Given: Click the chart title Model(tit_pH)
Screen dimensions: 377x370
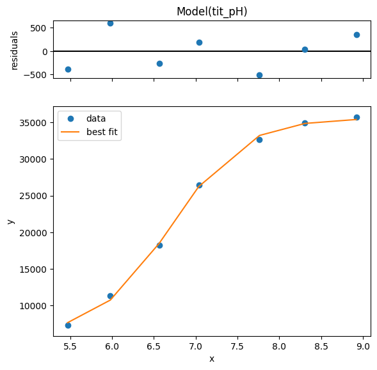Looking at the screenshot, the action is pos(212,12).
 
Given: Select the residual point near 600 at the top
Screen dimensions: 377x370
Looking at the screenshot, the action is pos(110,23).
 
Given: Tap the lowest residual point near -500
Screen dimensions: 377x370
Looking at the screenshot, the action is pos(259,76).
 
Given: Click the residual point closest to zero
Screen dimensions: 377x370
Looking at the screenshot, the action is pos(305,50).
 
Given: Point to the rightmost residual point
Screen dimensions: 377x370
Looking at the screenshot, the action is pos(357,35).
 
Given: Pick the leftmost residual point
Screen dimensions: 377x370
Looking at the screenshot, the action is pos(68,70).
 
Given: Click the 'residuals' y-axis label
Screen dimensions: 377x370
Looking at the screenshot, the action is pos(14,51).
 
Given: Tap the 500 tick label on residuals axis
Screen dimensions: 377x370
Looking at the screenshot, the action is pos(38,28).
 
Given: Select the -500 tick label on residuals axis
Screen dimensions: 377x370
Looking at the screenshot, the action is pos(35,75).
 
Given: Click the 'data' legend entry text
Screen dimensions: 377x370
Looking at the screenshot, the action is pos(96,118).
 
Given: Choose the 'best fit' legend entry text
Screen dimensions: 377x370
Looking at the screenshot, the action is pos(102,132).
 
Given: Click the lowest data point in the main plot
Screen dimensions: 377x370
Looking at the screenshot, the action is pos(68,326).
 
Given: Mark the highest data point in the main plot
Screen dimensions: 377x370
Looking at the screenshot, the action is pos(357,118).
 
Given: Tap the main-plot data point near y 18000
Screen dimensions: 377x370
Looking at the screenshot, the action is pos(159,245).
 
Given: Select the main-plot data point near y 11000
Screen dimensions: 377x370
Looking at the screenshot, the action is pos(110,296).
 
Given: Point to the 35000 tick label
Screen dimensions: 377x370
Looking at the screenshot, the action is pos(33,123).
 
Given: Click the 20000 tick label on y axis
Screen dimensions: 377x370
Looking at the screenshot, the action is pos(33,233).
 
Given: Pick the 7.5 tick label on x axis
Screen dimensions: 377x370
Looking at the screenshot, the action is pos(238,346).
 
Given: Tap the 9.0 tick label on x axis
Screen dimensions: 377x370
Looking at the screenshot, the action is pos(364,346).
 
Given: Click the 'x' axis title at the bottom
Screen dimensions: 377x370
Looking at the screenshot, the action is pos(212,359).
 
